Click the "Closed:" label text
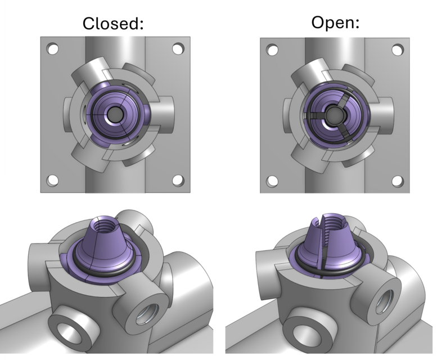[x=113, y=24]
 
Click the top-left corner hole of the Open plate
[x=273, y=50]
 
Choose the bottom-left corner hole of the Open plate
[x=273, y=181]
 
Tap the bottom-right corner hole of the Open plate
[x=398, y=181]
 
